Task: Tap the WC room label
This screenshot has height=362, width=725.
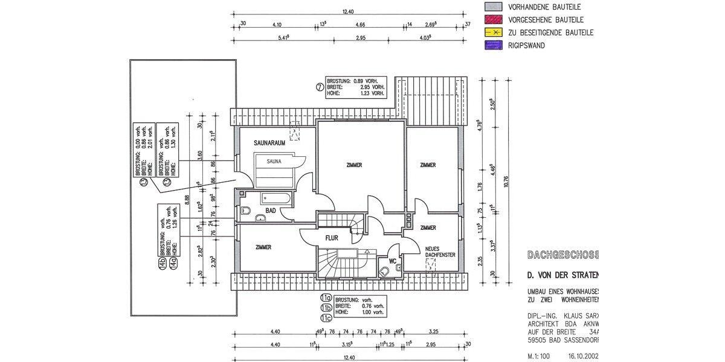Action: click(392, 261)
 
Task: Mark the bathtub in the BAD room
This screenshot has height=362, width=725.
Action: click(275, 198)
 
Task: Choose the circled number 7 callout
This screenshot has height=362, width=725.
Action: click(319, 87)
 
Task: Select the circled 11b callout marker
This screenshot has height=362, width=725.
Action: click(326, 307)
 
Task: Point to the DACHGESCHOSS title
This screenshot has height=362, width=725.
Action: click(562, 255)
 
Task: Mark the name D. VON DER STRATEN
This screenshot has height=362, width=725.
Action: click(562, 276)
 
